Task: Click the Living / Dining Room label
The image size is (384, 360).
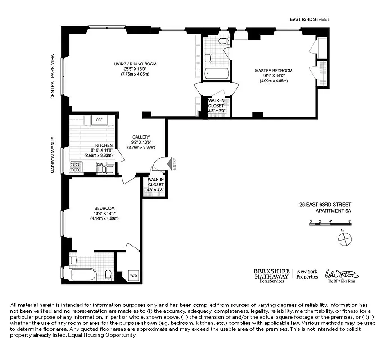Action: (135, 64)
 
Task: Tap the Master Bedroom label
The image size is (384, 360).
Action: (273, 71)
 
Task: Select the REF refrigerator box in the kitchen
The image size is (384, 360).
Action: (99, 120)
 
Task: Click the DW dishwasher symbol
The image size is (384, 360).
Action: (99, 165)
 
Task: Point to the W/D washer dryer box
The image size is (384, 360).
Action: (134, 275)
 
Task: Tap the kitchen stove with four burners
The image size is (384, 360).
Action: (76, 167)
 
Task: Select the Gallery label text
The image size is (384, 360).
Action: (141, 137)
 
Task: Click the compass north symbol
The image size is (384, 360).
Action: (343, 239)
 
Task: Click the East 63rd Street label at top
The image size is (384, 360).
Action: (310, 19)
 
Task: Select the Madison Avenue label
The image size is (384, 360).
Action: (53, 155)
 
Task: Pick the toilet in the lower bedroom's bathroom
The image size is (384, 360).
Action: (108, 274)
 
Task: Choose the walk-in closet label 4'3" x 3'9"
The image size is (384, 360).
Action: (216, 106)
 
